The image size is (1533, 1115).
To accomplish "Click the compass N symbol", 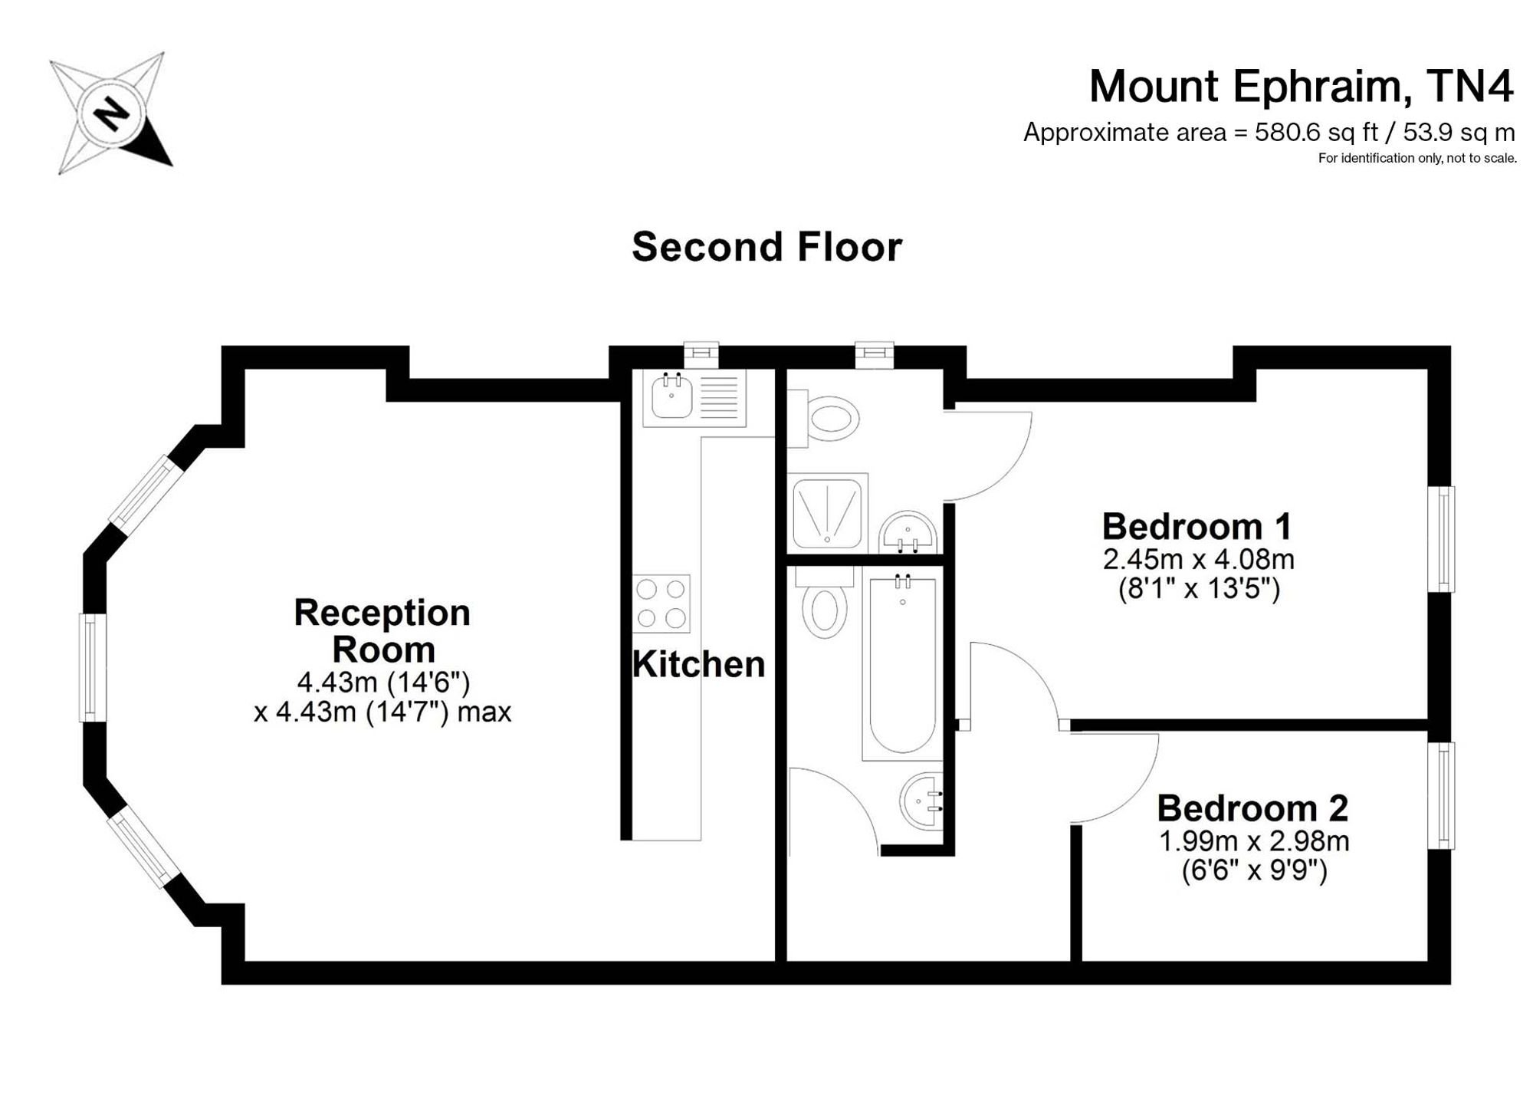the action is [112, 114].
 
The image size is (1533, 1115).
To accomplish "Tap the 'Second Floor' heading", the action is [767, 247].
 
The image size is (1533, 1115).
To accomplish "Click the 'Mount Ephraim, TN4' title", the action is [1302, 86].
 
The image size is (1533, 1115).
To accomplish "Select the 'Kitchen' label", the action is [698, 664].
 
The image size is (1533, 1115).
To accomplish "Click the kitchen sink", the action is [672, 397].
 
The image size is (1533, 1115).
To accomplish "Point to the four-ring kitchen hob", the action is [661, 604].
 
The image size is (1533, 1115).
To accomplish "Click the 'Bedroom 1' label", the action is [1197, 527].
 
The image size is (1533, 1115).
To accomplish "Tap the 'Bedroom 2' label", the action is [1252, 808].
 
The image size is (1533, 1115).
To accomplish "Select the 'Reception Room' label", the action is [382, 631].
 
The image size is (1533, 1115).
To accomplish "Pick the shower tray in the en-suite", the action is [827, 512].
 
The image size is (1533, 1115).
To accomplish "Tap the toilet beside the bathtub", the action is [824, 603].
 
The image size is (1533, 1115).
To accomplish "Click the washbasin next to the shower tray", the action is [908, 532].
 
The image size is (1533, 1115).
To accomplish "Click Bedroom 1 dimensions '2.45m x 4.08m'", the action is [1199, 560].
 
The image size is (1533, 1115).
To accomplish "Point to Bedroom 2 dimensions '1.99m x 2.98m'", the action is [1254, 841].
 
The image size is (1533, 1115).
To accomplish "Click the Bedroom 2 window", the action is [1442, 796].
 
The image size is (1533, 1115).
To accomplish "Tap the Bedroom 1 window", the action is [1442, 539].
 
